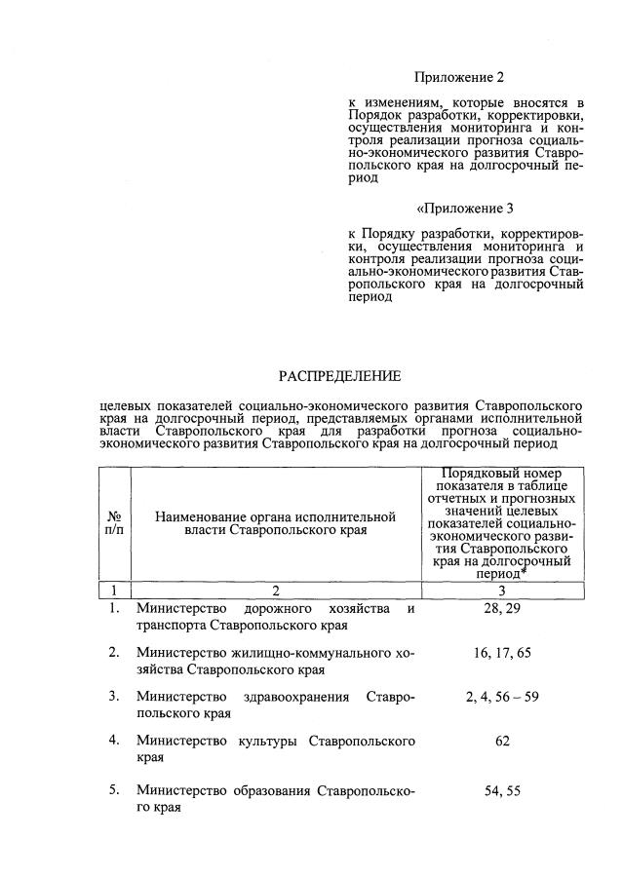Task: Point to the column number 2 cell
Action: [275, 590]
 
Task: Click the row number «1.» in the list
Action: [114, 609]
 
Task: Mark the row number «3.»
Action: [114, 697]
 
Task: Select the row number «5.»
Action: [114, 790]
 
